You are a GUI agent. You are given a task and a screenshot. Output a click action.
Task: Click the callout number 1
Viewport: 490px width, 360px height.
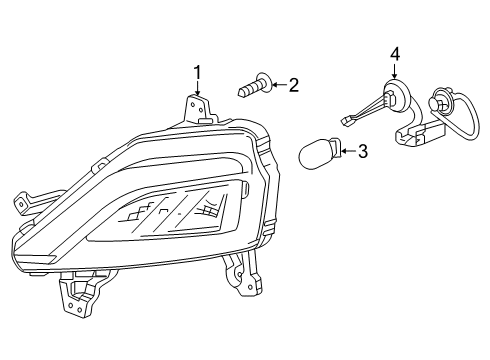(197, 71)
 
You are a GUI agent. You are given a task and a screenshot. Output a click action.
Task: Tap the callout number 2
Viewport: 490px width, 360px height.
(292, 86)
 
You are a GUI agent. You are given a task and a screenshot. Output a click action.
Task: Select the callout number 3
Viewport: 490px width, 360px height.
(363, 152)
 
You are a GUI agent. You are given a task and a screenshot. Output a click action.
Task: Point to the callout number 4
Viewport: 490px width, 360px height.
(395, 53)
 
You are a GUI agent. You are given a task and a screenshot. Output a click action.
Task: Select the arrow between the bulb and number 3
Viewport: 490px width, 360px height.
(348, 152)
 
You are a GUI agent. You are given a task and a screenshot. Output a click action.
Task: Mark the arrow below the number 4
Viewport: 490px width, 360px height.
(395, 72)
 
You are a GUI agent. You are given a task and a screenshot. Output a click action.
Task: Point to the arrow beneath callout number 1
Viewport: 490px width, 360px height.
(197, 88)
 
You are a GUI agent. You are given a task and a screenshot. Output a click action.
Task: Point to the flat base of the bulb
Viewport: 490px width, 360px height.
(338, 153)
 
